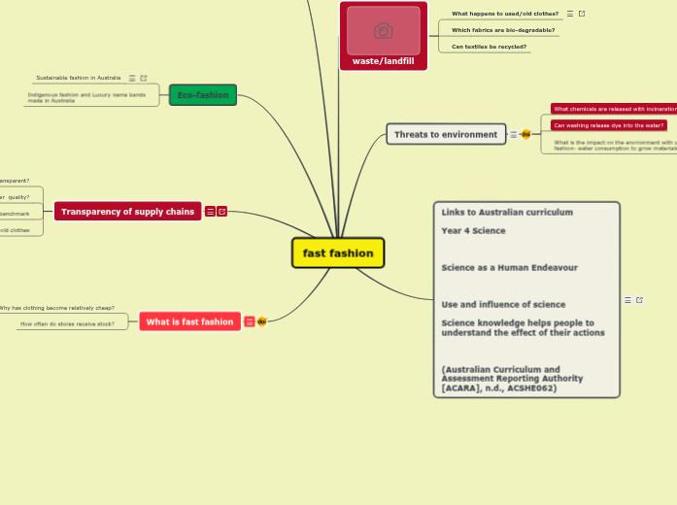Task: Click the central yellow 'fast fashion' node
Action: point(338,253)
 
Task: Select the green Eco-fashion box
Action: point(203,95)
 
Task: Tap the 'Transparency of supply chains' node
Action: point(127,211)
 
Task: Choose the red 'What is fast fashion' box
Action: point(189,321)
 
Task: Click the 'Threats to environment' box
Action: point(446,134)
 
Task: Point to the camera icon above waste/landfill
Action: point(384,31)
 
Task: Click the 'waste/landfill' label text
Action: point(384,61)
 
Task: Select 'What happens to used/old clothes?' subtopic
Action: point(505,14)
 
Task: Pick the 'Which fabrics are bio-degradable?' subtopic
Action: point(503,30)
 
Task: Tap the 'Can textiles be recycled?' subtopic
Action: point(490,47)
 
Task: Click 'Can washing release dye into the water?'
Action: point(609,125)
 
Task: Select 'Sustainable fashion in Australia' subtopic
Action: point(79,78)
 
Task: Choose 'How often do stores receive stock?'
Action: point(67,323)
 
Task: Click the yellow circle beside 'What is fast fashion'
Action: point(261,321)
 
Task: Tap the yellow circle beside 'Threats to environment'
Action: point(525,134)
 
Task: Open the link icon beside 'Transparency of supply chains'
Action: point(222,211)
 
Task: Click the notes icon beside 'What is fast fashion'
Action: point(250,321)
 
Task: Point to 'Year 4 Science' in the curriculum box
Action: point(474,231)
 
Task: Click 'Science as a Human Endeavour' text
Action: point(510,268)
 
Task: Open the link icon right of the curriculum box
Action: point(639,300)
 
